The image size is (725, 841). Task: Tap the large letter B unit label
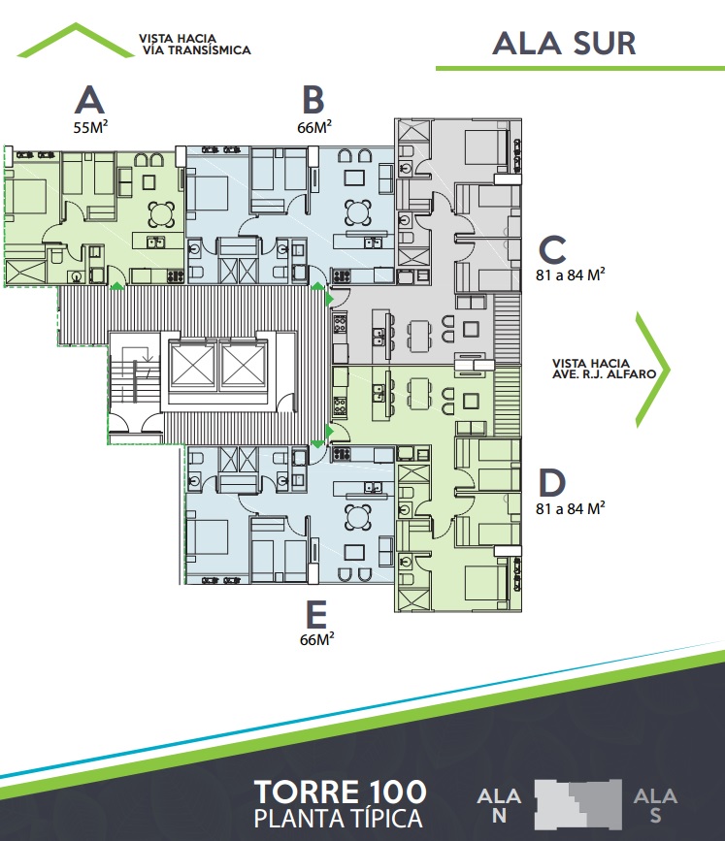(313, 99)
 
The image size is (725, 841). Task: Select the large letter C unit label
(552, 249)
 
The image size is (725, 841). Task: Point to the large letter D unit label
(551, 482)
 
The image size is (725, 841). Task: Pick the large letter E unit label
(316, 614)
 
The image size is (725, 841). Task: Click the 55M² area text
(90, 127)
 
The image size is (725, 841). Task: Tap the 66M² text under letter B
(314, 127)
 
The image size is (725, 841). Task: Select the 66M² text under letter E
(317, 639)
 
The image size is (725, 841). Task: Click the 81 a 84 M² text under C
(571, 275)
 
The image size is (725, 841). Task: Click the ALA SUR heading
(564, 44)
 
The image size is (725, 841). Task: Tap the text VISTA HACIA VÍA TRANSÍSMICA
(195, 45)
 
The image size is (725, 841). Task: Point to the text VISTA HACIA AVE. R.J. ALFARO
(605, 369)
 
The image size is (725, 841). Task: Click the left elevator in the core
(192, 365)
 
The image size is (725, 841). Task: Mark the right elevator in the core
(244, 365)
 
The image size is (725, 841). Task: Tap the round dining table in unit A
(161, 214)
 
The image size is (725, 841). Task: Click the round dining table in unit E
(358, 517)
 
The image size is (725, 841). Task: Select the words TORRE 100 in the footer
(341, 792)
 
